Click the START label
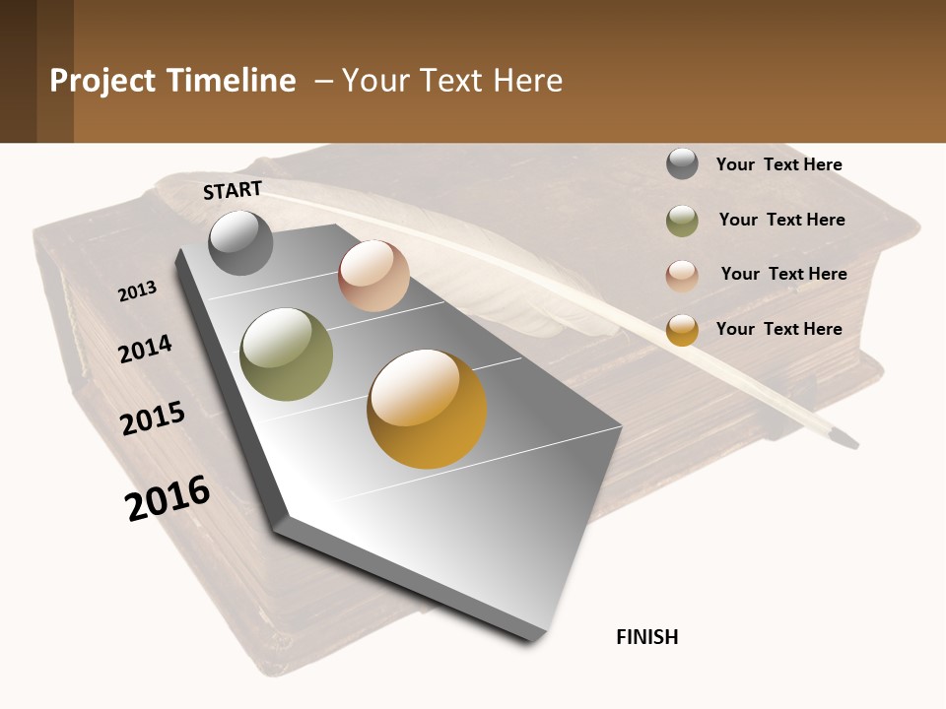233,189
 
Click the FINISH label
647,637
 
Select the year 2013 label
138,291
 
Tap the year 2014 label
146,349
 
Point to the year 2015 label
153,419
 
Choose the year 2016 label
168,497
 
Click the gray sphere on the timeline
240,242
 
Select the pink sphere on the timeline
373,276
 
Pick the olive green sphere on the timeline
287,354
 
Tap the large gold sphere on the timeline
427,409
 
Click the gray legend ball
682,164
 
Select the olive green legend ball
682,221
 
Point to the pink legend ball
682,275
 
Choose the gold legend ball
682,330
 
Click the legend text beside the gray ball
778,164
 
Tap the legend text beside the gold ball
778,329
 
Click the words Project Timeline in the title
172,81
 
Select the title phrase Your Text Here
452,81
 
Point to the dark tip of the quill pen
845,438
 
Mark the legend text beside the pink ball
783,274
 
